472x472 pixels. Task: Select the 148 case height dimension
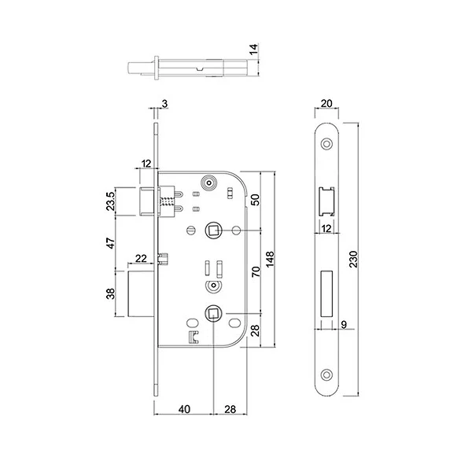click(271, 260)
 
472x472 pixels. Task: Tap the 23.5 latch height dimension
click(111, 201)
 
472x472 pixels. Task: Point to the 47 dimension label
click(111, 242)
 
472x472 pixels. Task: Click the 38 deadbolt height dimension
click(111, 293)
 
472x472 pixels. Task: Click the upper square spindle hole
click(213, 230)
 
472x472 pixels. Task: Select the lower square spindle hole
click(213, 314)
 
